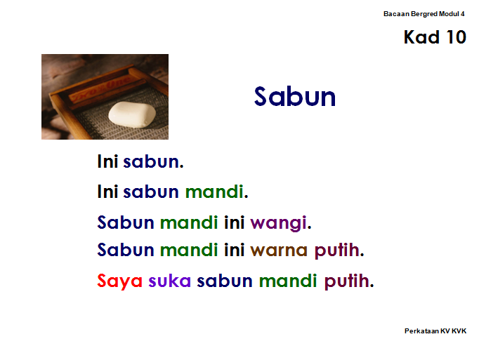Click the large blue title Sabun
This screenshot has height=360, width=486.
[295, 97]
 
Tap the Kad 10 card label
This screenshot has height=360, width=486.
[435, 37]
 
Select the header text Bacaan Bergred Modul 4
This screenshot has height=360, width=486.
[423, 14]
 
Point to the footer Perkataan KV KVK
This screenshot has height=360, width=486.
[435, 331]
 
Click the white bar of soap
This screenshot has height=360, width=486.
[132, 114]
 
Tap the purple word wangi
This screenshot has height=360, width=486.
[278, 223]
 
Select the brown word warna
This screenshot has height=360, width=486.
[279, 251]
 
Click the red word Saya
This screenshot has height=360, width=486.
[119, 281]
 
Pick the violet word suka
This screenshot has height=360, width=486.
[169, 281]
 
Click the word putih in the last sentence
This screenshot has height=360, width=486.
[347, 281]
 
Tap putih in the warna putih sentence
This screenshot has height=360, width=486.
[337, 251]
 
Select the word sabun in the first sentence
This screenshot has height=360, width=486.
[151, 161]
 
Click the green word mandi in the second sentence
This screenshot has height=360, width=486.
[214, 192]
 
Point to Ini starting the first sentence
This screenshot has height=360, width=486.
[107, 161]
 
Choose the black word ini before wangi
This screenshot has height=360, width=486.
[235, 222]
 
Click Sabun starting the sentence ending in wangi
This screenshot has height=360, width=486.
[126, 222]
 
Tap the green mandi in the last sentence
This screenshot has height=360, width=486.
[288, 281]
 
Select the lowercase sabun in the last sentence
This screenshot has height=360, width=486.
[225, 281]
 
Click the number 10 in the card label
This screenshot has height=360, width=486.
[457, 37]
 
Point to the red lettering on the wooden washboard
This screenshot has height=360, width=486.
[100, 91]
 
